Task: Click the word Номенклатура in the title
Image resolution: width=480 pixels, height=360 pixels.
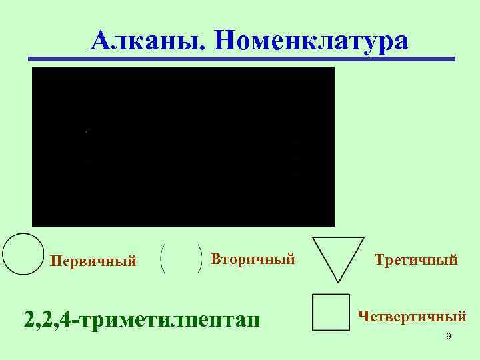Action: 311,41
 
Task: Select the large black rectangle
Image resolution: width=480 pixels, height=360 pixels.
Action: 183,146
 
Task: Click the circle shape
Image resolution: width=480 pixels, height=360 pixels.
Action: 23,254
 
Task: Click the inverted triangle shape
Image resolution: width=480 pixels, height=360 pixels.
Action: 338,257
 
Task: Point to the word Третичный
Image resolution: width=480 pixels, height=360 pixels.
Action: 416,259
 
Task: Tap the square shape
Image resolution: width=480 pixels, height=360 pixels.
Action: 331,312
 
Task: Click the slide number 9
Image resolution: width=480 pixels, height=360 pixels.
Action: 449,337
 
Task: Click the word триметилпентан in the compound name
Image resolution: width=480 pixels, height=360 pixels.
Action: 171,318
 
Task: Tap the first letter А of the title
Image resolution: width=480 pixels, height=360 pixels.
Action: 102,41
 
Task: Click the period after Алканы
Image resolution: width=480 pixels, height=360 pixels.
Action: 192,49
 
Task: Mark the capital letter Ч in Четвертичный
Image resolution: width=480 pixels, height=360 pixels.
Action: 365,313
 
